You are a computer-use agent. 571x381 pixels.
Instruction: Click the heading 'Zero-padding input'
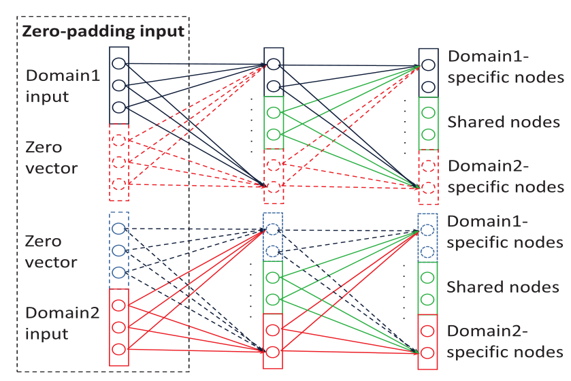[x=103, y=31]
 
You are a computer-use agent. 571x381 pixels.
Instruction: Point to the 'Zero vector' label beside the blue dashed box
[x=52, y=252]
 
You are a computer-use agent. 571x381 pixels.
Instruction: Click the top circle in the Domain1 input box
[x=118, y=64]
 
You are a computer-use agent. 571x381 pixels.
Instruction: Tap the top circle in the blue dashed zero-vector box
[x=118, y=229]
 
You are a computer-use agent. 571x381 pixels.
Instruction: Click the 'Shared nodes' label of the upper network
[x=503, y=122]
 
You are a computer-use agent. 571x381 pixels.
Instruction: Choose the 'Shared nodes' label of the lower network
[x=503, y=287]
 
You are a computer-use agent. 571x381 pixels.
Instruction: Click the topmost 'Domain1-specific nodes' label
[x=506, y=67]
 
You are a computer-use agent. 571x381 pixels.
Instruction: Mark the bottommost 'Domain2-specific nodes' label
[x=506, y=342]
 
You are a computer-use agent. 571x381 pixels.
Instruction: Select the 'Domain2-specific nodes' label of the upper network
[x=506, y=176]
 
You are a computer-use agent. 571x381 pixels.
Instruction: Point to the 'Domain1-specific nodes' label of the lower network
[x=506, y=232]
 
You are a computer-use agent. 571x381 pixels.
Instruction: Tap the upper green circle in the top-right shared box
[x=428, y=112]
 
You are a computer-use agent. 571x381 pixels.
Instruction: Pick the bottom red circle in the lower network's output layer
[x=428, y=353]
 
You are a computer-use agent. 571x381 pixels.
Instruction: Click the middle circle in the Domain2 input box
[x=118, y=327]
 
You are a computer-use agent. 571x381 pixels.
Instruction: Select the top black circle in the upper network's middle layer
[x=274, y=65]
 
